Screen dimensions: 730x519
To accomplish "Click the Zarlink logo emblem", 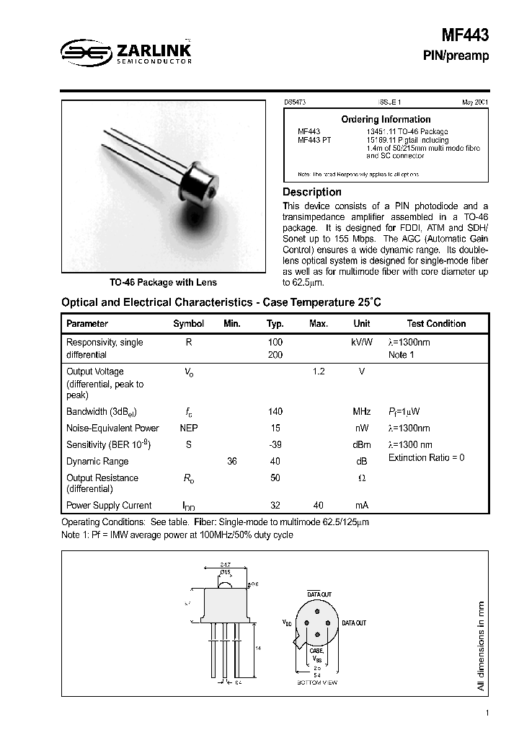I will click(83, 50).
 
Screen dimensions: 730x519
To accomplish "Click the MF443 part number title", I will click(464, 34).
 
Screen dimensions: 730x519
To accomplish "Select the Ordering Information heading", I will click(386, 119).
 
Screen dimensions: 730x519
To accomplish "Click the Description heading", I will click(311, 192).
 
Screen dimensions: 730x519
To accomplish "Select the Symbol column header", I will click(188, 324).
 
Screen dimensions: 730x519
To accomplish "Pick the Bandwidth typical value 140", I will click(275, 411).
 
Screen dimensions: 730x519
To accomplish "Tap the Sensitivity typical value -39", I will click(275, 445).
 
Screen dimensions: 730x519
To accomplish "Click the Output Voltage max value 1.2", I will click(318, 371).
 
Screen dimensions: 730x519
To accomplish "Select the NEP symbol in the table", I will click(188, 428).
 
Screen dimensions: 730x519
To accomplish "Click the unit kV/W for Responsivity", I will click(361, 343).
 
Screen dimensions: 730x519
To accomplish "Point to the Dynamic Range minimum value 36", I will click(231, 462).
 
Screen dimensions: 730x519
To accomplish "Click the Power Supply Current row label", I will click(109, 506).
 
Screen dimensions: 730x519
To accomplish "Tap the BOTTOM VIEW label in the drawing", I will click(317, 682).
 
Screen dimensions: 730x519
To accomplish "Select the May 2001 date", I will click(474, 102).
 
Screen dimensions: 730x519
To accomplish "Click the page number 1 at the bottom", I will click(487, 713).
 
